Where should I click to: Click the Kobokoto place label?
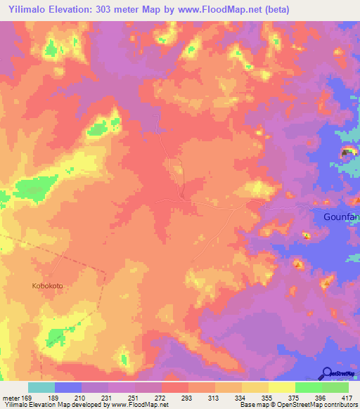pos(47,285)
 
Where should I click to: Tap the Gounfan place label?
pos(341,217)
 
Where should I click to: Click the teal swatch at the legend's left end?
pos(41,387)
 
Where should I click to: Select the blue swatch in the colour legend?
pos(68,387)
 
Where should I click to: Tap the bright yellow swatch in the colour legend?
pos(282,387)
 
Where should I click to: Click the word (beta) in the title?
pos(272,10)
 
